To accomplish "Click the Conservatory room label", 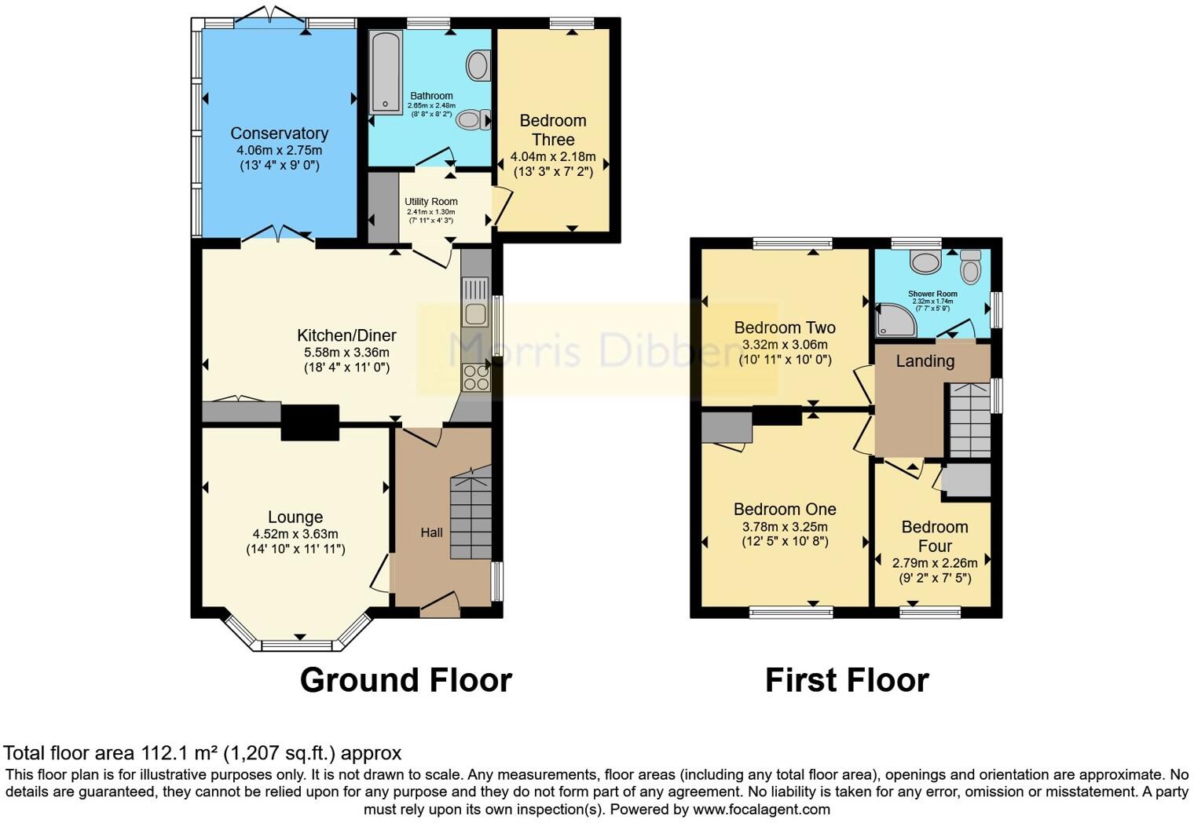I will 279,134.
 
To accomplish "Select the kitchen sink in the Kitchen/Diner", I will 475,302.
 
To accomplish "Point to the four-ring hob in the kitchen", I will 475,378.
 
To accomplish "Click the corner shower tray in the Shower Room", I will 896,320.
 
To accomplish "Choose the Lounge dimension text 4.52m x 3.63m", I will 295,534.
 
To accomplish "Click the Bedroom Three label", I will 553,130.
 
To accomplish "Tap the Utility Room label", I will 431,202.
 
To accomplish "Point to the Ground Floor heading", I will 405,680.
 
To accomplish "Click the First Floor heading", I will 847,680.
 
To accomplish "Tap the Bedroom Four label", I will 935,536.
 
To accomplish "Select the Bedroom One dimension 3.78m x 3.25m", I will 785,527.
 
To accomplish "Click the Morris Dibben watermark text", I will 597,350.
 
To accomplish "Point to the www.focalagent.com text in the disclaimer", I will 761,810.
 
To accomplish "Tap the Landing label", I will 925,361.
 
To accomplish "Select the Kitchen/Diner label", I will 346,335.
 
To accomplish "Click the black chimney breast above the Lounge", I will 310,422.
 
